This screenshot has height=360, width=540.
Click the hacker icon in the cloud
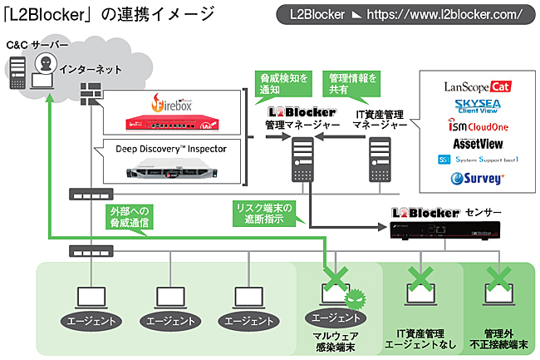(x=49, y=66)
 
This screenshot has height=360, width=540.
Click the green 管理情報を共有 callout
(x=353, y=82)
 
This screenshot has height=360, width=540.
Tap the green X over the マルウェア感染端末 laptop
(x=336, y=278)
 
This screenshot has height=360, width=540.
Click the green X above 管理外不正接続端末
(x=498, y=278)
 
